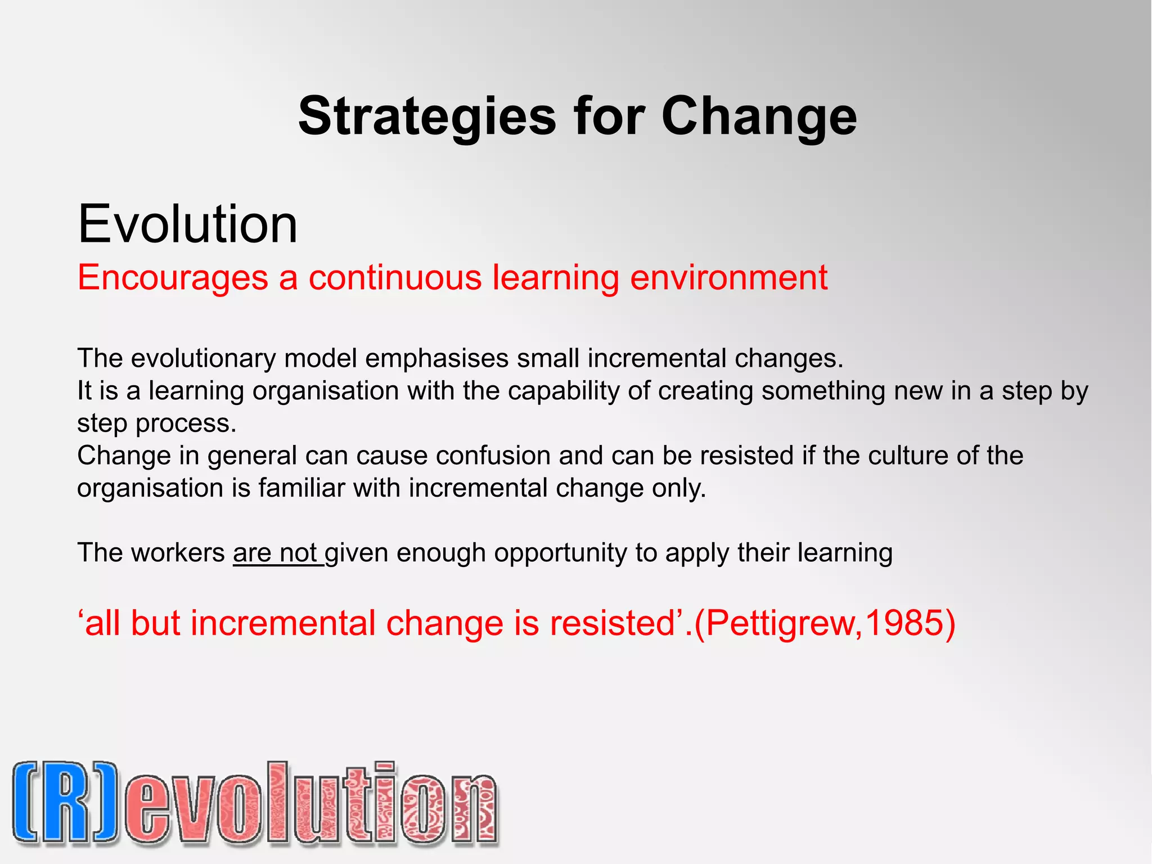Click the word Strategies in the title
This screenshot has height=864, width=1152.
tap(427, 116)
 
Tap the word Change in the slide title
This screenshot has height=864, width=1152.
tap(759, 116)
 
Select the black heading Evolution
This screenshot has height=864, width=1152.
tap(187, 224)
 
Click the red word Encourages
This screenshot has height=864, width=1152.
tap(173, 277)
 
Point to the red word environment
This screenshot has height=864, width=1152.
tap(728, 277)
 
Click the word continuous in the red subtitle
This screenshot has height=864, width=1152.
tap(395, 277)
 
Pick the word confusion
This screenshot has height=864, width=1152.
tap(493, 456)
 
